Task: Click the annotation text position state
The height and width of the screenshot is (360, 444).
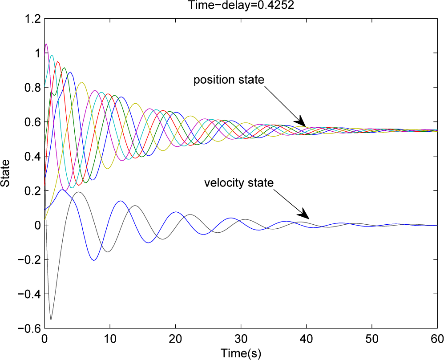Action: click(229, 80)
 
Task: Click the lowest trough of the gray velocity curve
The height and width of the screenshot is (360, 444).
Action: click(51, 319)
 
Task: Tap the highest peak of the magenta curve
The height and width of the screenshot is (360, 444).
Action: click(46, 44)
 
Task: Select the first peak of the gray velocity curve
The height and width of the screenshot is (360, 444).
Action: click(78, 192)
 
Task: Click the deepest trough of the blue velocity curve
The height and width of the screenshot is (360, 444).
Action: click(94, 260)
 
